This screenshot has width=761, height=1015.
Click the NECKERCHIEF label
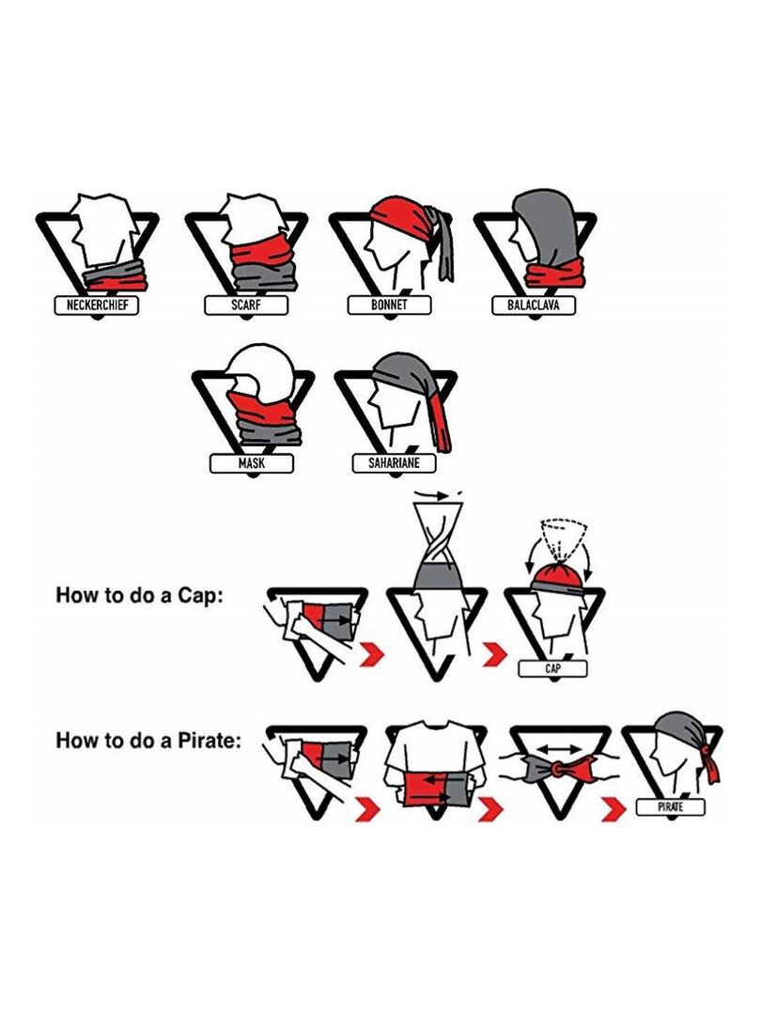(97, 304)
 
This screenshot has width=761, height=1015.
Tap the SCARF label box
(246, 304)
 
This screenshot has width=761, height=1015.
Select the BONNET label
(389, 304)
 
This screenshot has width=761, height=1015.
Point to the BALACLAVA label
(534, 304)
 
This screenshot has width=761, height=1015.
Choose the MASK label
(251, 463)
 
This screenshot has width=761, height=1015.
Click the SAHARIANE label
(394, 463)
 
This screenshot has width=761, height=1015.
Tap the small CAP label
(552, 669)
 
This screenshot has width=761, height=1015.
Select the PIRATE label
(671, 807)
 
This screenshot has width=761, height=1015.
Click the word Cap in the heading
(201, 596)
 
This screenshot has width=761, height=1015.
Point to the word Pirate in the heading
(210, 740)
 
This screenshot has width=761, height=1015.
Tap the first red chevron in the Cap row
(372, 654)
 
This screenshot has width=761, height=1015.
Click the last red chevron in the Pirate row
(613, 810)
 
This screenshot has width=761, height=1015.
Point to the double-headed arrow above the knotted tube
(559, 749)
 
